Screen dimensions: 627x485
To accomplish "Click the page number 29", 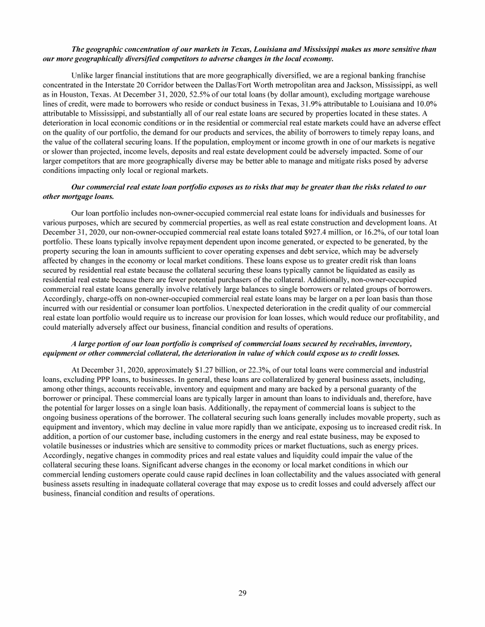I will pos(242,592).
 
